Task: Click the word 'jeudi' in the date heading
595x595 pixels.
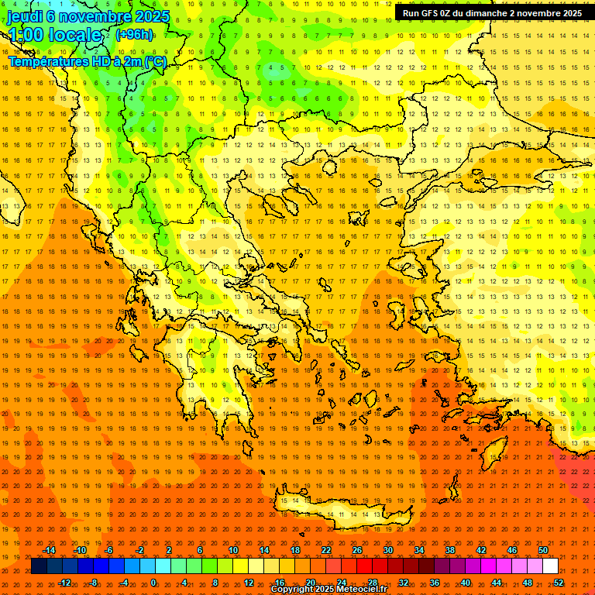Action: [25, 15]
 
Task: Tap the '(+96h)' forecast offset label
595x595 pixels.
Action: [134, 35]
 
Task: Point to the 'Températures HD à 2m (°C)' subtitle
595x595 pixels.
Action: [87, 61]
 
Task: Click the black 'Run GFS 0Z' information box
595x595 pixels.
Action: [492, 13]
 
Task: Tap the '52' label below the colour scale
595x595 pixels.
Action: [559, 583]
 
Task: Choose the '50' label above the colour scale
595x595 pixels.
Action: [543, 550]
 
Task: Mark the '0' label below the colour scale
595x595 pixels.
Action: [153, 583]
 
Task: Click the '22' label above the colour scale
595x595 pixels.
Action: [326, 550]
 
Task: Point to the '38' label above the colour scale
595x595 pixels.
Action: [450, 550]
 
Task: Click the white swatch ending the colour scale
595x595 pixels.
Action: [550, 566]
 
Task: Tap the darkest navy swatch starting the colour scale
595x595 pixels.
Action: [40, 566]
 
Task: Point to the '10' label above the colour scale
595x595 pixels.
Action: [233, 550]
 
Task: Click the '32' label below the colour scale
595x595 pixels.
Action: [404, 583]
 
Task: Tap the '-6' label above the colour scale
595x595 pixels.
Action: [109, 550]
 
